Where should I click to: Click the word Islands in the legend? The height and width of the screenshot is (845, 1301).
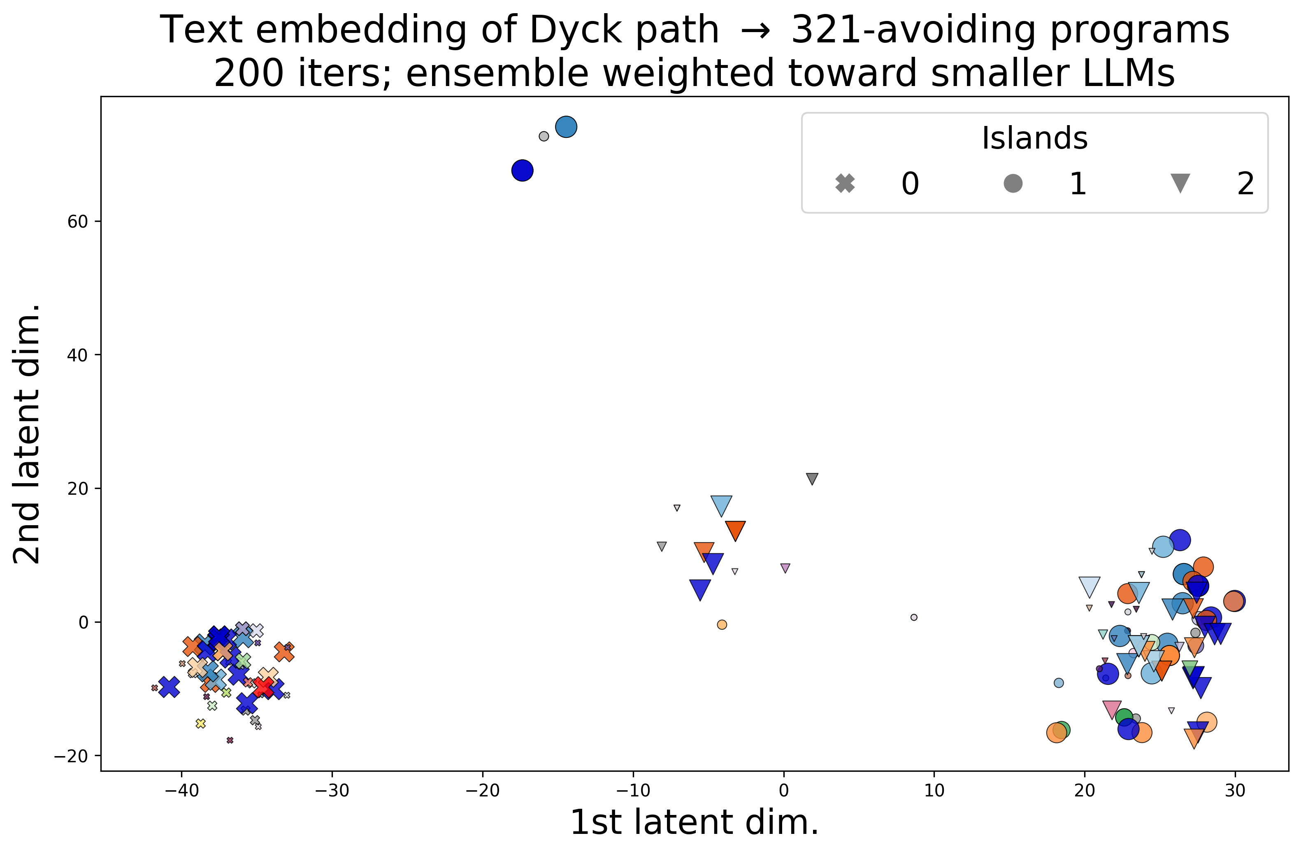click(x=1034, y=138)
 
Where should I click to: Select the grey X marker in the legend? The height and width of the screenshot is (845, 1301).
click(x=845, y=183)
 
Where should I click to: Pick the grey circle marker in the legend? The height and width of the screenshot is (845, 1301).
click(x=1013, y=183)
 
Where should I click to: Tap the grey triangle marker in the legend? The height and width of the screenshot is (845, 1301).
click(x=1180, y=183)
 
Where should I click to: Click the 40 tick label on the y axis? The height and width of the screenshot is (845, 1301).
click(x=78, y=355)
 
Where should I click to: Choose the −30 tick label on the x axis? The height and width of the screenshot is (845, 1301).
click(x=332, y=790)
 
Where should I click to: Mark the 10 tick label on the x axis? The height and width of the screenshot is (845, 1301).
click(x=934, y=790)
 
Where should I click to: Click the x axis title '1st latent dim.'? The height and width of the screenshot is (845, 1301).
click(x=694, y=822)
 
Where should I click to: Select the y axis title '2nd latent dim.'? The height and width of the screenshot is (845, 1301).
click(x=27, y=434)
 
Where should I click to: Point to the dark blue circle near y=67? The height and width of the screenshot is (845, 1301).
click(x=522, y=171)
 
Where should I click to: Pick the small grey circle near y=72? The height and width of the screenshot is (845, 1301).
click(x=544, y=136)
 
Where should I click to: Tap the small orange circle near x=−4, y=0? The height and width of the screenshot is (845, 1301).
click(x=722, y=624)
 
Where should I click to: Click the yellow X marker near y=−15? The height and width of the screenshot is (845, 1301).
click(x=201, y=724)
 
